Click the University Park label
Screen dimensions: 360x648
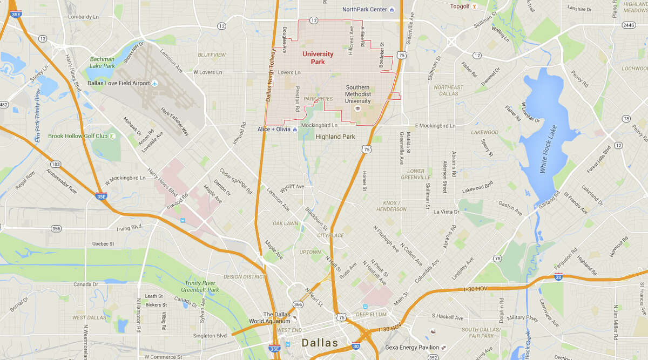pyautogui.click(x=318, y=58)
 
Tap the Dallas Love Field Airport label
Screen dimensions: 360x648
pyautogui.click(x=119, y=83)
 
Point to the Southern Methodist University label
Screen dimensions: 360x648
pyautogui.click(x=358, y=94)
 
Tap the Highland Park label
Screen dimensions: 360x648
pyautogui.click(x=335, y=137)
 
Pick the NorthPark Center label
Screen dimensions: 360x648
pyautogui.click(x=364, y=9)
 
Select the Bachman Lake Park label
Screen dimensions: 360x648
pyautogui.click(x=103, y=62)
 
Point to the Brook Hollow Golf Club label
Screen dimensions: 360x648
pyautogui.click(x=78, y=136)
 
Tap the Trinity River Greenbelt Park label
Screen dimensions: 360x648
pyautogui.click(x=200, y=286)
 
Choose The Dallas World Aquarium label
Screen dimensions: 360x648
pyautogui.click(x=276, y=318)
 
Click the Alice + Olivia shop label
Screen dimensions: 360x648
pyautogui.click(x=274, y=130)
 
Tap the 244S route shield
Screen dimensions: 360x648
pyautogui.click(x=629, y=25)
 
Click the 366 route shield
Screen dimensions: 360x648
pyautogui.click(x=298, y=304)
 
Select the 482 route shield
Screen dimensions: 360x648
pyautogui.click(x=3, y=105)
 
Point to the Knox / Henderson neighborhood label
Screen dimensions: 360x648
pyautogui.click(x=391, y=206)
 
